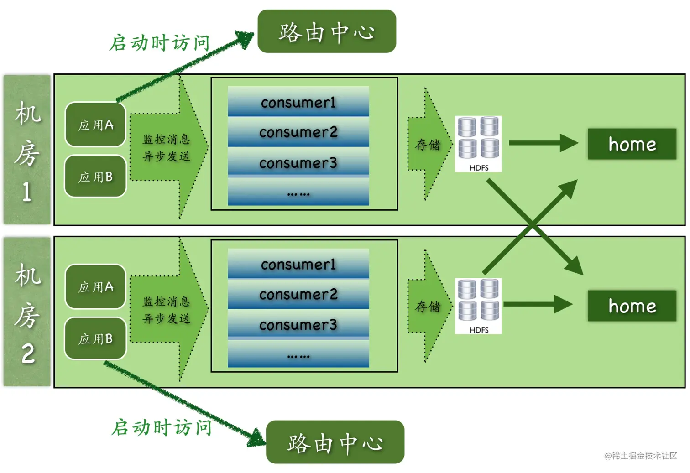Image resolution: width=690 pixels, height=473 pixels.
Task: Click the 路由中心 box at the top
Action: click(x=327, y=31)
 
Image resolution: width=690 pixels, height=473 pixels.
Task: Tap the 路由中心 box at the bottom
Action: click(x=335, y=442)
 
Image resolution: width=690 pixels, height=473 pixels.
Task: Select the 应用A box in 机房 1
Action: click(x=95, y=125)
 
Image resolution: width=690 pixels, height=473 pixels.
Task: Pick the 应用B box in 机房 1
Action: click(x=95, y=176)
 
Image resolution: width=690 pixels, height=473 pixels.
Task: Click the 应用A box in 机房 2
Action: click(x=95, y=287)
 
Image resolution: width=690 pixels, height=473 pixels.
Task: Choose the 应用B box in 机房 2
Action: click(x=95, y=338)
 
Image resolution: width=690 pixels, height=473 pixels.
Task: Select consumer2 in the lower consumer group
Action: click(x=298, y=294)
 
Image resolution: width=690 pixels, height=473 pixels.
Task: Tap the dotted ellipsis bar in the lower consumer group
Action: click(x=298, y=354)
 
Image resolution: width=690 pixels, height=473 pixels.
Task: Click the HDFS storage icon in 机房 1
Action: click(x=478, y=144)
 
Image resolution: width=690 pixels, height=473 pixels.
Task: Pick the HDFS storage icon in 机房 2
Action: click(x=478, y=306)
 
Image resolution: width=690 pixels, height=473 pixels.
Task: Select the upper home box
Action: click(x=632, y=144)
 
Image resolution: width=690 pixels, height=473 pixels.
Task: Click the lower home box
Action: click(x=632, y=306)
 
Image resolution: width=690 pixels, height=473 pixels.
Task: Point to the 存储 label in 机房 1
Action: click(x=428, y=145)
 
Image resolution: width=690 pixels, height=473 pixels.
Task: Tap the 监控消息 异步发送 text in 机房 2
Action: click(x=166, y=310)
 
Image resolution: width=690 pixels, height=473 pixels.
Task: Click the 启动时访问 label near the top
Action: click(x=160, y=42)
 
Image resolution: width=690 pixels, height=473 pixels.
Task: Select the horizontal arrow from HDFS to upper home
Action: click(x=544, y=143)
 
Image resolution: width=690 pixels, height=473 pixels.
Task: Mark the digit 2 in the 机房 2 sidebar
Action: click(x=28, y=353)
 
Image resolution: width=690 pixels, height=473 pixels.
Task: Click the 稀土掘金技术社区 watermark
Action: click(x=641, y=456)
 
